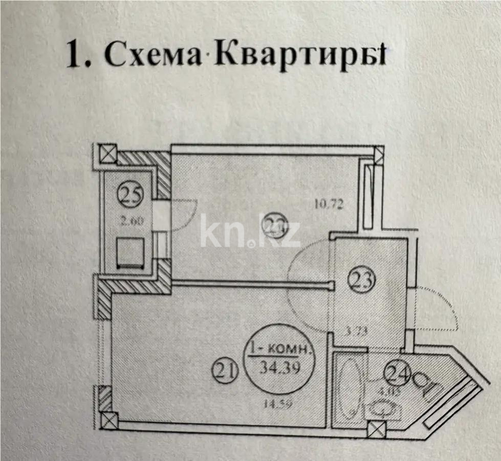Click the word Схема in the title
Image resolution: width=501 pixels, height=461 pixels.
(153, 55)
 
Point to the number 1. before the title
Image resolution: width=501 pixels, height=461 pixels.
(79, 55)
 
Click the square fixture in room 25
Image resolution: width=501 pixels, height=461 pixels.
(130, 253)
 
